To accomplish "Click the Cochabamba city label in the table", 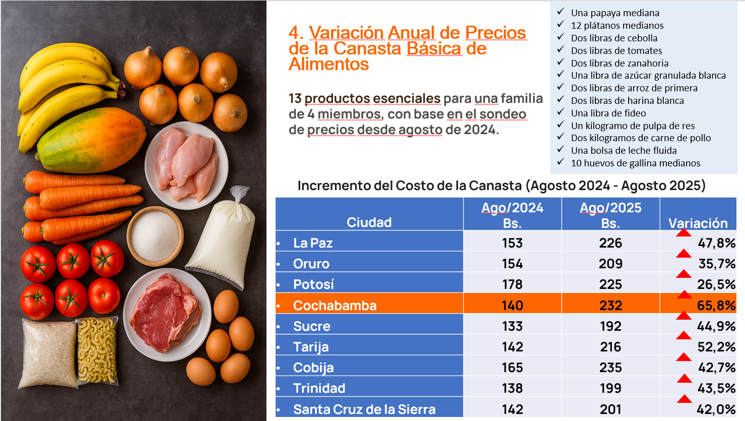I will pos(334,306).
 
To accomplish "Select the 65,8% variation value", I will pos(716,306).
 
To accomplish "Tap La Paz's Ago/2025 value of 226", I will pos(611,243).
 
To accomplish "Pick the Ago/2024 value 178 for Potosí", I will pos(512,284).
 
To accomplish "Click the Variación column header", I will pos(698,223).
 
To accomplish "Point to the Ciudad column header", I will pos(369,222).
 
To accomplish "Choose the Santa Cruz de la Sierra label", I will pos(364,409).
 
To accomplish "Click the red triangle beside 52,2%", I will pos(684,336).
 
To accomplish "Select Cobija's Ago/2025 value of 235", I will pos(611,368).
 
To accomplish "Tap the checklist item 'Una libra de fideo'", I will pos(608,113).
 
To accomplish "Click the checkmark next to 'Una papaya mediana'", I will pos(561,12).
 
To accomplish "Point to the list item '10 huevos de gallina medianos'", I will pos(635,163).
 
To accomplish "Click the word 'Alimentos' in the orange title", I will pos(328,65).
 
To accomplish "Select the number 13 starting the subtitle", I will pos(295,98).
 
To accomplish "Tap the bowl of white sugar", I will pos(155,236).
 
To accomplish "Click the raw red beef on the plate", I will pos(164,313).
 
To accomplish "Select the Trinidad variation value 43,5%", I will pos(716,388).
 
